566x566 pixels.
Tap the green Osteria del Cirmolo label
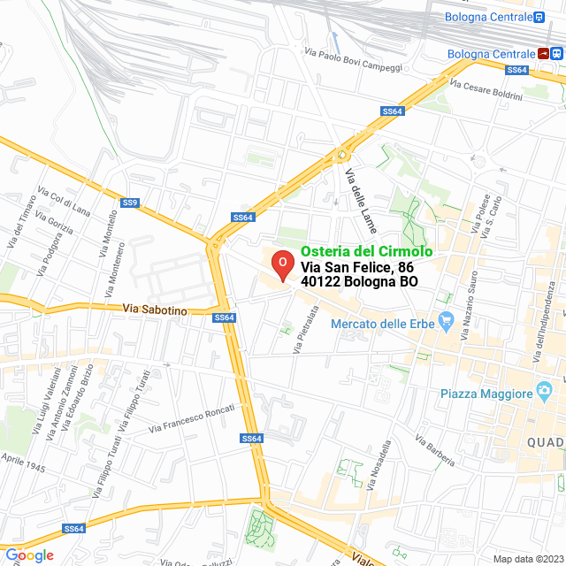coord(366,251)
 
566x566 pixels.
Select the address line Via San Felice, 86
coord(356,266)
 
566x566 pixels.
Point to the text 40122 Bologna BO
coord(359,282)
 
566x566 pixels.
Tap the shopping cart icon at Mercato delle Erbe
coord(446,324)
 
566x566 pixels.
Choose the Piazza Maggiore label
coord(486,393)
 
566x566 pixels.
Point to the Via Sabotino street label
coord(155,310)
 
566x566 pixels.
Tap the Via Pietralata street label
coord(305,330)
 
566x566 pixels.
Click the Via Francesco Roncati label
coord(192,418)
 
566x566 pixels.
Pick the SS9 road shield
coord(130,203)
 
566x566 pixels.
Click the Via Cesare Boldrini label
coord(486,90)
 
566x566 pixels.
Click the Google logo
coord(29,555)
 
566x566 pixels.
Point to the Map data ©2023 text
coord(527,558)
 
